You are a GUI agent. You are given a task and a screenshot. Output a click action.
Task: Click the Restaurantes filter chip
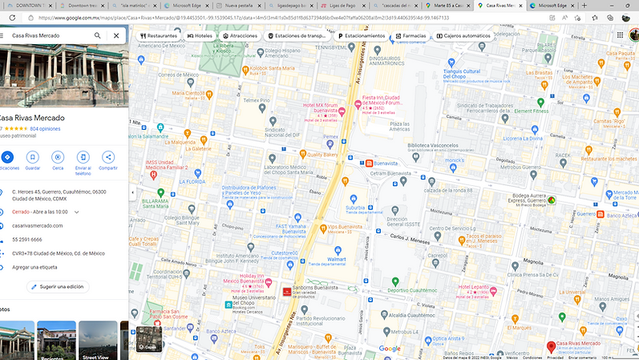click(x=159, y=36)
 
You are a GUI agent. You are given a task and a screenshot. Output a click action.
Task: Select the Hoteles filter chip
click(x=200, y=36)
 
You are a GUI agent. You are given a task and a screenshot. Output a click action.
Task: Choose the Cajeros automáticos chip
click(x=454, y=36)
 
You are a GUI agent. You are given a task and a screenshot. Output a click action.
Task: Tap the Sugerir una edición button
click(x=57, y=286)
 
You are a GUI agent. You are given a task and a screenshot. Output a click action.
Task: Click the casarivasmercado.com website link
click(x=38, y=225)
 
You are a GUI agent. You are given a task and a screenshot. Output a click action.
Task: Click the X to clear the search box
click(x=116, y=36)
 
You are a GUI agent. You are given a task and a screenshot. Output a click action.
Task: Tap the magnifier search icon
click(x=98, y=36)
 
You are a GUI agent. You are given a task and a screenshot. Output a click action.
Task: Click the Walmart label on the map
click(x=336, y=259)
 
